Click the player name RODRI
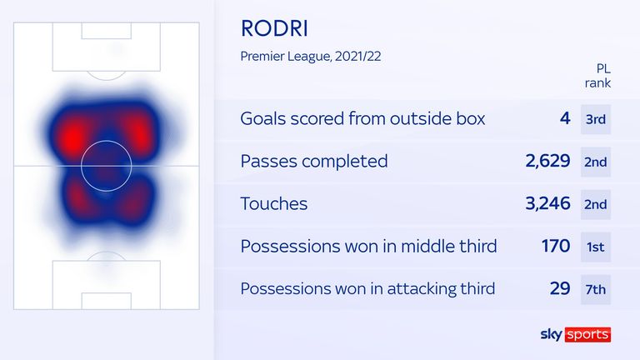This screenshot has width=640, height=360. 274,28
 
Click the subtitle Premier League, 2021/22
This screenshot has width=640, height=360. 311,57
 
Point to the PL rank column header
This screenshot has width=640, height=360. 598,76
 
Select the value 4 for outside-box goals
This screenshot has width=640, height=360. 565,118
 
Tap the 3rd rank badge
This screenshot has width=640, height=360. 596,119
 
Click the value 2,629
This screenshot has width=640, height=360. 547,161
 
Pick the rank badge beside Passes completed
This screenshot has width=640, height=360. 596,162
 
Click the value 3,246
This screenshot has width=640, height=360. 547,203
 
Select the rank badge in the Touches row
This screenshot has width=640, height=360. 596,204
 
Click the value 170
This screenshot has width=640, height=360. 556,246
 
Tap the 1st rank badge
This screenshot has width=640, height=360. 596,247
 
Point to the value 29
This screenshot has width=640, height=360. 560,288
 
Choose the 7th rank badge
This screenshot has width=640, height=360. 596,290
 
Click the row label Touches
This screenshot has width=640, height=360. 274,203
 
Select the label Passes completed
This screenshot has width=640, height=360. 314,161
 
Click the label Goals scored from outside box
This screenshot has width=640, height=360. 362,119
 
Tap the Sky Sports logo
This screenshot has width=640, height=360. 576,335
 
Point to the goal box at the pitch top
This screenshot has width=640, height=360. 107,31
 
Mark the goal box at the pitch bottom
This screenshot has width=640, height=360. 107,301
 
